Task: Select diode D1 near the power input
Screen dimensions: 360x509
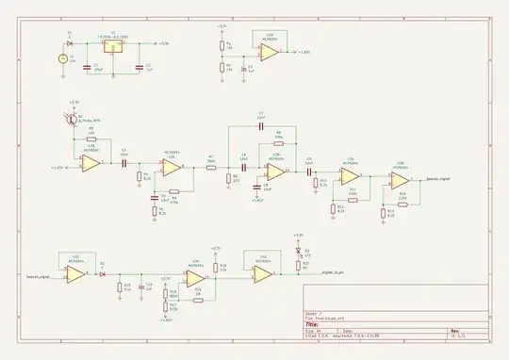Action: pyautogui.click(x=71, y=42)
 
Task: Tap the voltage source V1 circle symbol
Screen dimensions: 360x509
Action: pyautogui.click(x=62, y=58)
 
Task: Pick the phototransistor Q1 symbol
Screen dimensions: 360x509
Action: pyautogui.click(x=72, y=120)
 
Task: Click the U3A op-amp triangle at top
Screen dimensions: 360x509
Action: pyautogui.click(x=270, y=53)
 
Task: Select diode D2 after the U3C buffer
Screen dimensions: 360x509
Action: pyautogui.click(x=102, y=274)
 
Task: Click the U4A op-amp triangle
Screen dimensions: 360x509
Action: pyautogui.click(x=264, y=274)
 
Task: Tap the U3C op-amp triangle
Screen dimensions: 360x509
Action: pyautogui.click(x=74, y=274)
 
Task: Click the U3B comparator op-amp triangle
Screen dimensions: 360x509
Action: pyautogui.click(x=196, y=274)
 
